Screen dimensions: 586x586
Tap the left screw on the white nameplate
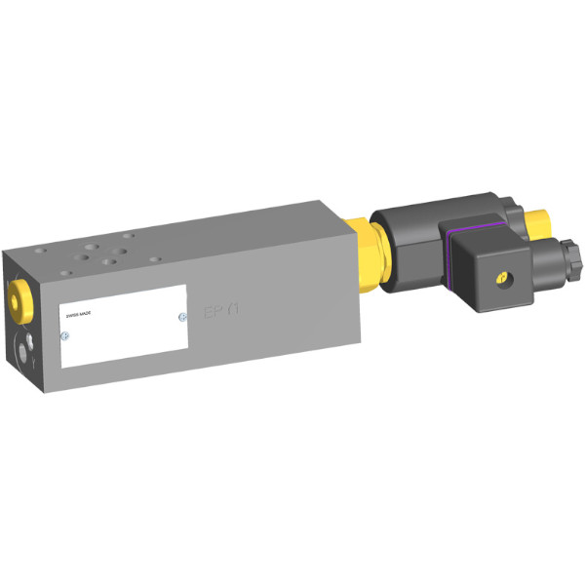click(64, 336)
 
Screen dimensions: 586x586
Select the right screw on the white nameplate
click(181, 316)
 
